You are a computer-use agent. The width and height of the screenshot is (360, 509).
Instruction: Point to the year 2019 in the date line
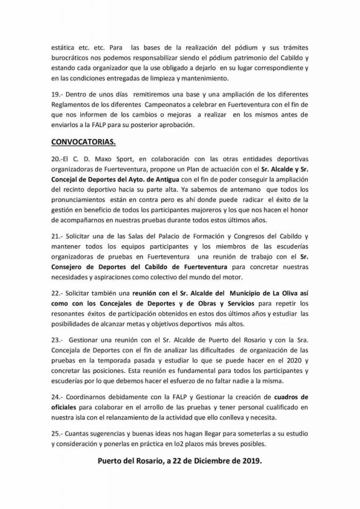[249, 461]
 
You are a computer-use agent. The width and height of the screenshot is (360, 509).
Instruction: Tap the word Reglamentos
[70, 105]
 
